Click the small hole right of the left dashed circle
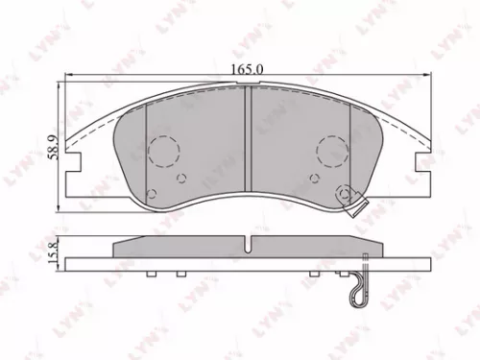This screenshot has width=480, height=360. (x=181, y=178)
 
